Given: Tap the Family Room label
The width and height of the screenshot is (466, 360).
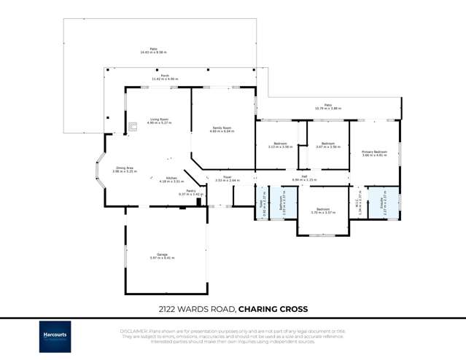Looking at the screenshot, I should (x=222, y=130).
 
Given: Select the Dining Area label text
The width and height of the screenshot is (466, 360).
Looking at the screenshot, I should (x=125, y=170).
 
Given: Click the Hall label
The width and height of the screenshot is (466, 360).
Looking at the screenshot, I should (x=304, y=177).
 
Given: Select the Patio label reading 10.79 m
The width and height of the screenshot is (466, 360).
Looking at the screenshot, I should (x=327, y=106).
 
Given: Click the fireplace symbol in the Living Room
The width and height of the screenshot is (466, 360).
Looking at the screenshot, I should (x=133, y=127).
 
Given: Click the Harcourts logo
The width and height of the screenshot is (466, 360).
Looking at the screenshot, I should (x=55, y=337).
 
